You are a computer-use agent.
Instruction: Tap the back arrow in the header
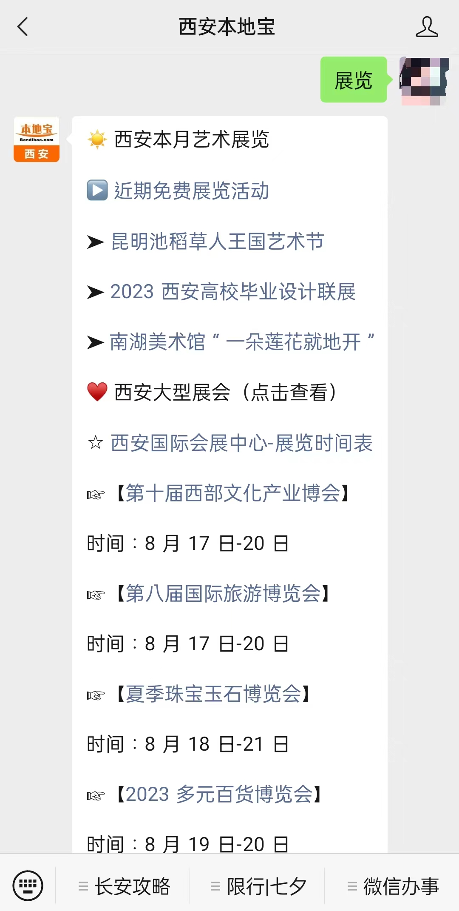[23, 27]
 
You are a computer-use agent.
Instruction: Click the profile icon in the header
[427, 27]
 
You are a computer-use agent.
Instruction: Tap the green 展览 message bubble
[354, 80]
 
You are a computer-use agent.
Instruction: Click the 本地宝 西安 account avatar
[37, 139]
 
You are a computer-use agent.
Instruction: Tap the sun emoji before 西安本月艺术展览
[97, 139]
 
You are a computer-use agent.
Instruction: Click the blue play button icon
[97, 190]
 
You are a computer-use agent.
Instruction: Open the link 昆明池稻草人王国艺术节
[218, 242]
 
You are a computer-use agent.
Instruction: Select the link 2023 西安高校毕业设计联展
[233, 292]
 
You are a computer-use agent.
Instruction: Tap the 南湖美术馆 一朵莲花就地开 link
[241, 342]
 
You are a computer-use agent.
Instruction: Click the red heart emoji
[97, 392]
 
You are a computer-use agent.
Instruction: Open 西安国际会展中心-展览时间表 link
[241, 443]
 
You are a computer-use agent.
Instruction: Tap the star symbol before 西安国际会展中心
[96, 443]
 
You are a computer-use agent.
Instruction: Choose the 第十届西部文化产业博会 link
[233, 493]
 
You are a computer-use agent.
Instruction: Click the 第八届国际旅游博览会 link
[223, 594]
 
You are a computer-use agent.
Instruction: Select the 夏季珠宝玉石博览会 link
[213, 694]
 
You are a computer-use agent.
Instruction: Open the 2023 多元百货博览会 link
[219, 794]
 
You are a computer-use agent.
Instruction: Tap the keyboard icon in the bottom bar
[28, 886]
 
